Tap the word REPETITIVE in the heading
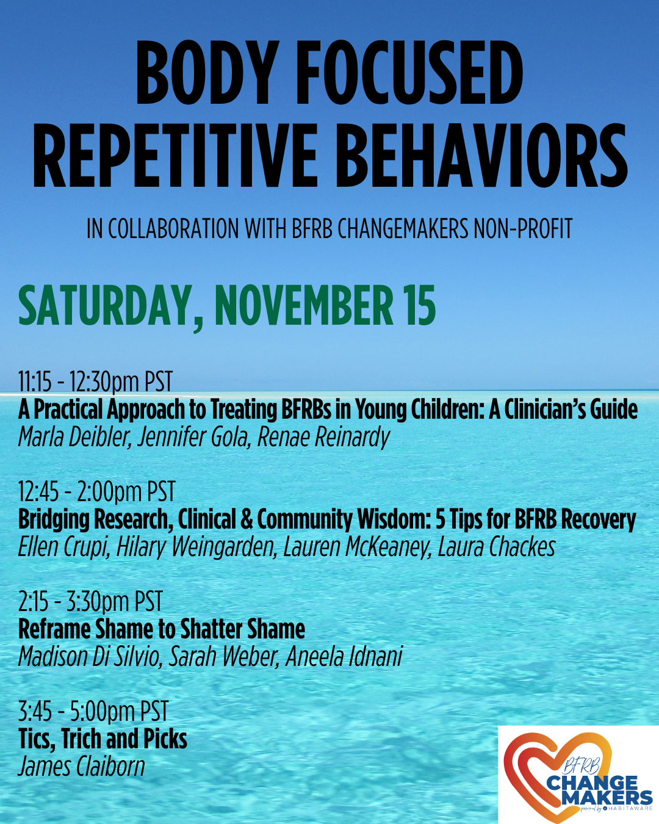pyautogui.click(x=175, y=156)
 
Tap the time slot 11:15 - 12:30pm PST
pyautogui.click(x=95, y=381)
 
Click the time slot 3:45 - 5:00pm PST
pyautogui.click(x=93, y=710)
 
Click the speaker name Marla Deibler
pyautogui.click(x=73, y=438)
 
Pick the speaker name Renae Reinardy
pyautogui.click(x=323, y=438)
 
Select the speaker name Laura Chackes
pyautogui.click(x=496, y=547)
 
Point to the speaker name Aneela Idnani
pyautogui.click(x=344, y=657)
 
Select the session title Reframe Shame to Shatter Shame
pyautogui.click(x=162, y=629)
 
